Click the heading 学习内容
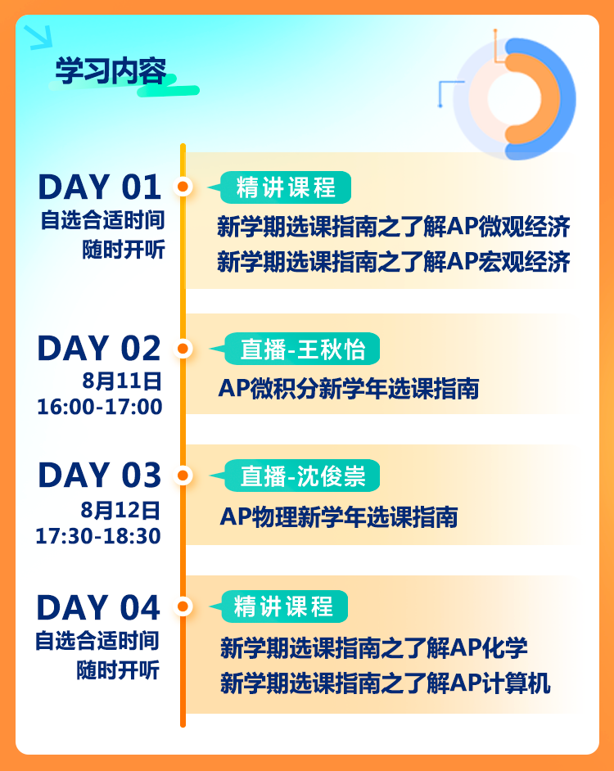pos(111,71)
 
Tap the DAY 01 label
pos(99,187)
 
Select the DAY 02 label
pos(99,349)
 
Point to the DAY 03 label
pos(99,476)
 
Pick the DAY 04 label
pos(98,608)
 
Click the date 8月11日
pos(121,381)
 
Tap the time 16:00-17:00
pos(100,407)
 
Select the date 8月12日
pos(120,511)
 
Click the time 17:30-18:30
pos(98,536)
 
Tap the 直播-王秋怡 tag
pos(301,349)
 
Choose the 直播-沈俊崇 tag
pos(301,476)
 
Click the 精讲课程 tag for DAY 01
pos(286,187)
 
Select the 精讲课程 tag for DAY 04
pos(284,606)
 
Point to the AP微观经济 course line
pos(394,227)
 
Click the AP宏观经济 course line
pos(394,261)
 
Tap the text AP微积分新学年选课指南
pos(349,389)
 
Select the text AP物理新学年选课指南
pos(339,516)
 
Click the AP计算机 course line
pos(386,683)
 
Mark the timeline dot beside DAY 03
pos(183,476)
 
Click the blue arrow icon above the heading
pos(38,38)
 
